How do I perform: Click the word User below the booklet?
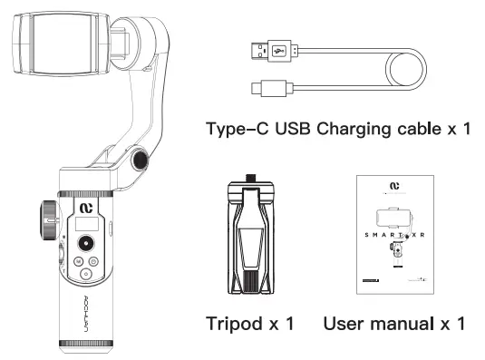pyautogui.click(x=348, y=324)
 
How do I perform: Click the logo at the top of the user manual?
pyautogui.click(x=394, y=189)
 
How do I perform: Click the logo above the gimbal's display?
pyautogui.click(x=87, y=203)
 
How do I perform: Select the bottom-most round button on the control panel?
pyautogui.click(x=86, y=275)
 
